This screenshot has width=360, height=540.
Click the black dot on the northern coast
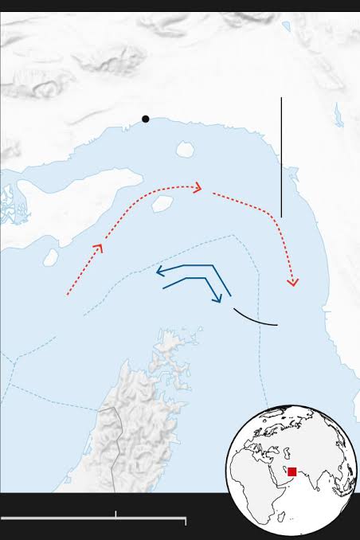coord(146,119)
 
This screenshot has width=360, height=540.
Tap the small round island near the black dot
coord(186,149)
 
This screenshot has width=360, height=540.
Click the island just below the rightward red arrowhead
coord(162,204)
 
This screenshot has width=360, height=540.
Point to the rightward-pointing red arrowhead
coord(197,188)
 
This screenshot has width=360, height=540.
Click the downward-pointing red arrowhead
coord(292,281)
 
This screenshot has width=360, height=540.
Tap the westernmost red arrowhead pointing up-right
coord(99,248)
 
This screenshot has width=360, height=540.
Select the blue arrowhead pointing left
coord(161,271)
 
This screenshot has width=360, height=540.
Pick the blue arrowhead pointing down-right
coord(217,299)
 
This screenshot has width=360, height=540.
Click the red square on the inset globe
coord(292,472)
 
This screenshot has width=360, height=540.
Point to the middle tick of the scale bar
coord(116,515)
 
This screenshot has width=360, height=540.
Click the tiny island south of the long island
coord(51,256)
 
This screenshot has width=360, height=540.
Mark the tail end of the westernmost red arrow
coord(68,295)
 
